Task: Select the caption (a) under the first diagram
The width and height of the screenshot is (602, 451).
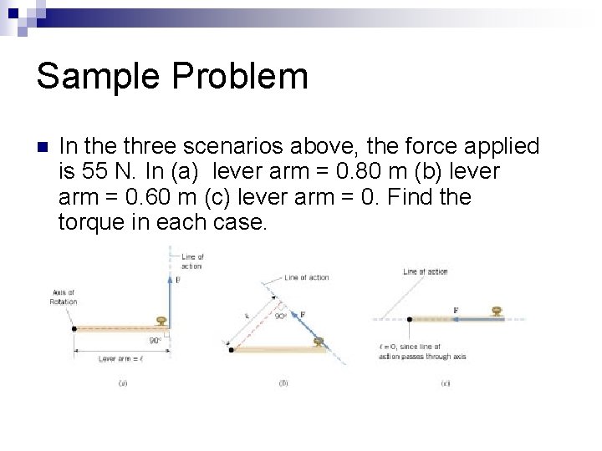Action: (123, 383)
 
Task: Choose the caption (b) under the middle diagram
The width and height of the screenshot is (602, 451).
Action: (284, 383)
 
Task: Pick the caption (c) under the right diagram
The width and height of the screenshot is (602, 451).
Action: (445, 383)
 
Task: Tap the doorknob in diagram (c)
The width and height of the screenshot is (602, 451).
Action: (497, 312)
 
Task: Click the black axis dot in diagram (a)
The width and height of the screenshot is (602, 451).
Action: (76, 328)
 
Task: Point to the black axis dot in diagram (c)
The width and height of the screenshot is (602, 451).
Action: (408, 319)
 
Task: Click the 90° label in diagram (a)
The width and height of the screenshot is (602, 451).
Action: (156, 341)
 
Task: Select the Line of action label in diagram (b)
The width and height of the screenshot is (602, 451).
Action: (306, 277)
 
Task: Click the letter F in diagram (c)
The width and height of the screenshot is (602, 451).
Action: (456, 310)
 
